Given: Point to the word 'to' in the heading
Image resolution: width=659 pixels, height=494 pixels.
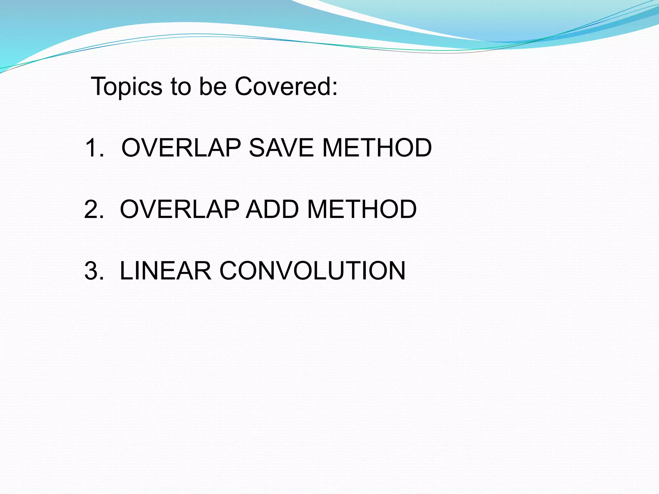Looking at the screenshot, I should coord(181,87).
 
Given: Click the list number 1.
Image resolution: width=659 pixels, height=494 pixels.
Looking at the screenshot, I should coord(92,148).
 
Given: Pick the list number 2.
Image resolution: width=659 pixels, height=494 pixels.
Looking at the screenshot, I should coord(92,209).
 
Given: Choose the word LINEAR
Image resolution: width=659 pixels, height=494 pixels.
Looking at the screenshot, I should coord(165,270).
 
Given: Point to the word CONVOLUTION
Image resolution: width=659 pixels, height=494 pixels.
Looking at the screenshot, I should coord(312,270).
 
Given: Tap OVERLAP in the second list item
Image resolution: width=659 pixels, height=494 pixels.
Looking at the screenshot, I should coord(180,209).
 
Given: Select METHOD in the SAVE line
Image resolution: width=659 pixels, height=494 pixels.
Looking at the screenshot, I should coord(377,148).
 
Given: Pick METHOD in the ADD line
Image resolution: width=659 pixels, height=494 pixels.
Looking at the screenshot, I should coord(362,209).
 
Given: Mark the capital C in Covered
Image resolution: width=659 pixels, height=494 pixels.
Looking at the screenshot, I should coord(245,87).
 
